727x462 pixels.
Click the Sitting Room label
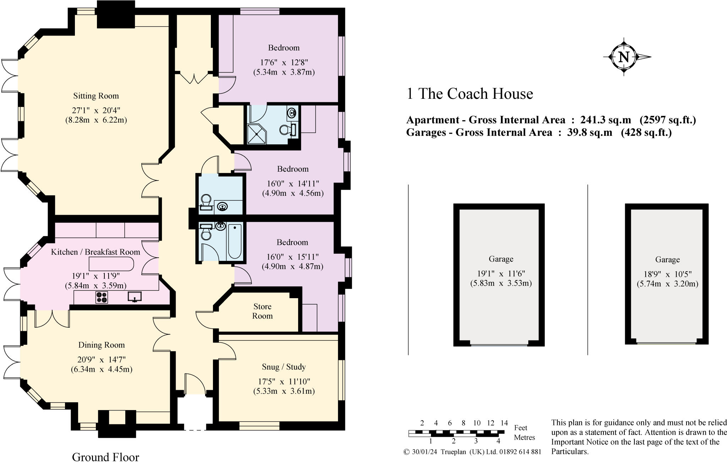96,96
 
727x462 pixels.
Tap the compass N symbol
624,57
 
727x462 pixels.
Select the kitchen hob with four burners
102,297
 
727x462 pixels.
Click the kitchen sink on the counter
135,296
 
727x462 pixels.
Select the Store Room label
262,311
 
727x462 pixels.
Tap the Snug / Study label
284,367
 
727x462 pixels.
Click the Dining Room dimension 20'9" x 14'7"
102,359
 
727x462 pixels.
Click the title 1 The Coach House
469,94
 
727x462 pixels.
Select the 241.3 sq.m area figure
605,120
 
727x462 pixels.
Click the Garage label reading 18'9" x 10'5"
667,274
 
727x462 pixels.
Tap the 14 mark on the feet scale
504,423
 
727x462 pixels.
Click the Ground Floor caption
105,457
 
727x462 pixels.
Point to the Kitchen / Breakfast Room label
95,252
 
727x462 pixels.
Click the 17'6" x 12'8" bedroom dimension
284,63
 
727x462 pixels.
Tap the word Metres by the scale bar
524,437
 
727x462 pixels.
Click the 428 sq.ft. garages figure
646,133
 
